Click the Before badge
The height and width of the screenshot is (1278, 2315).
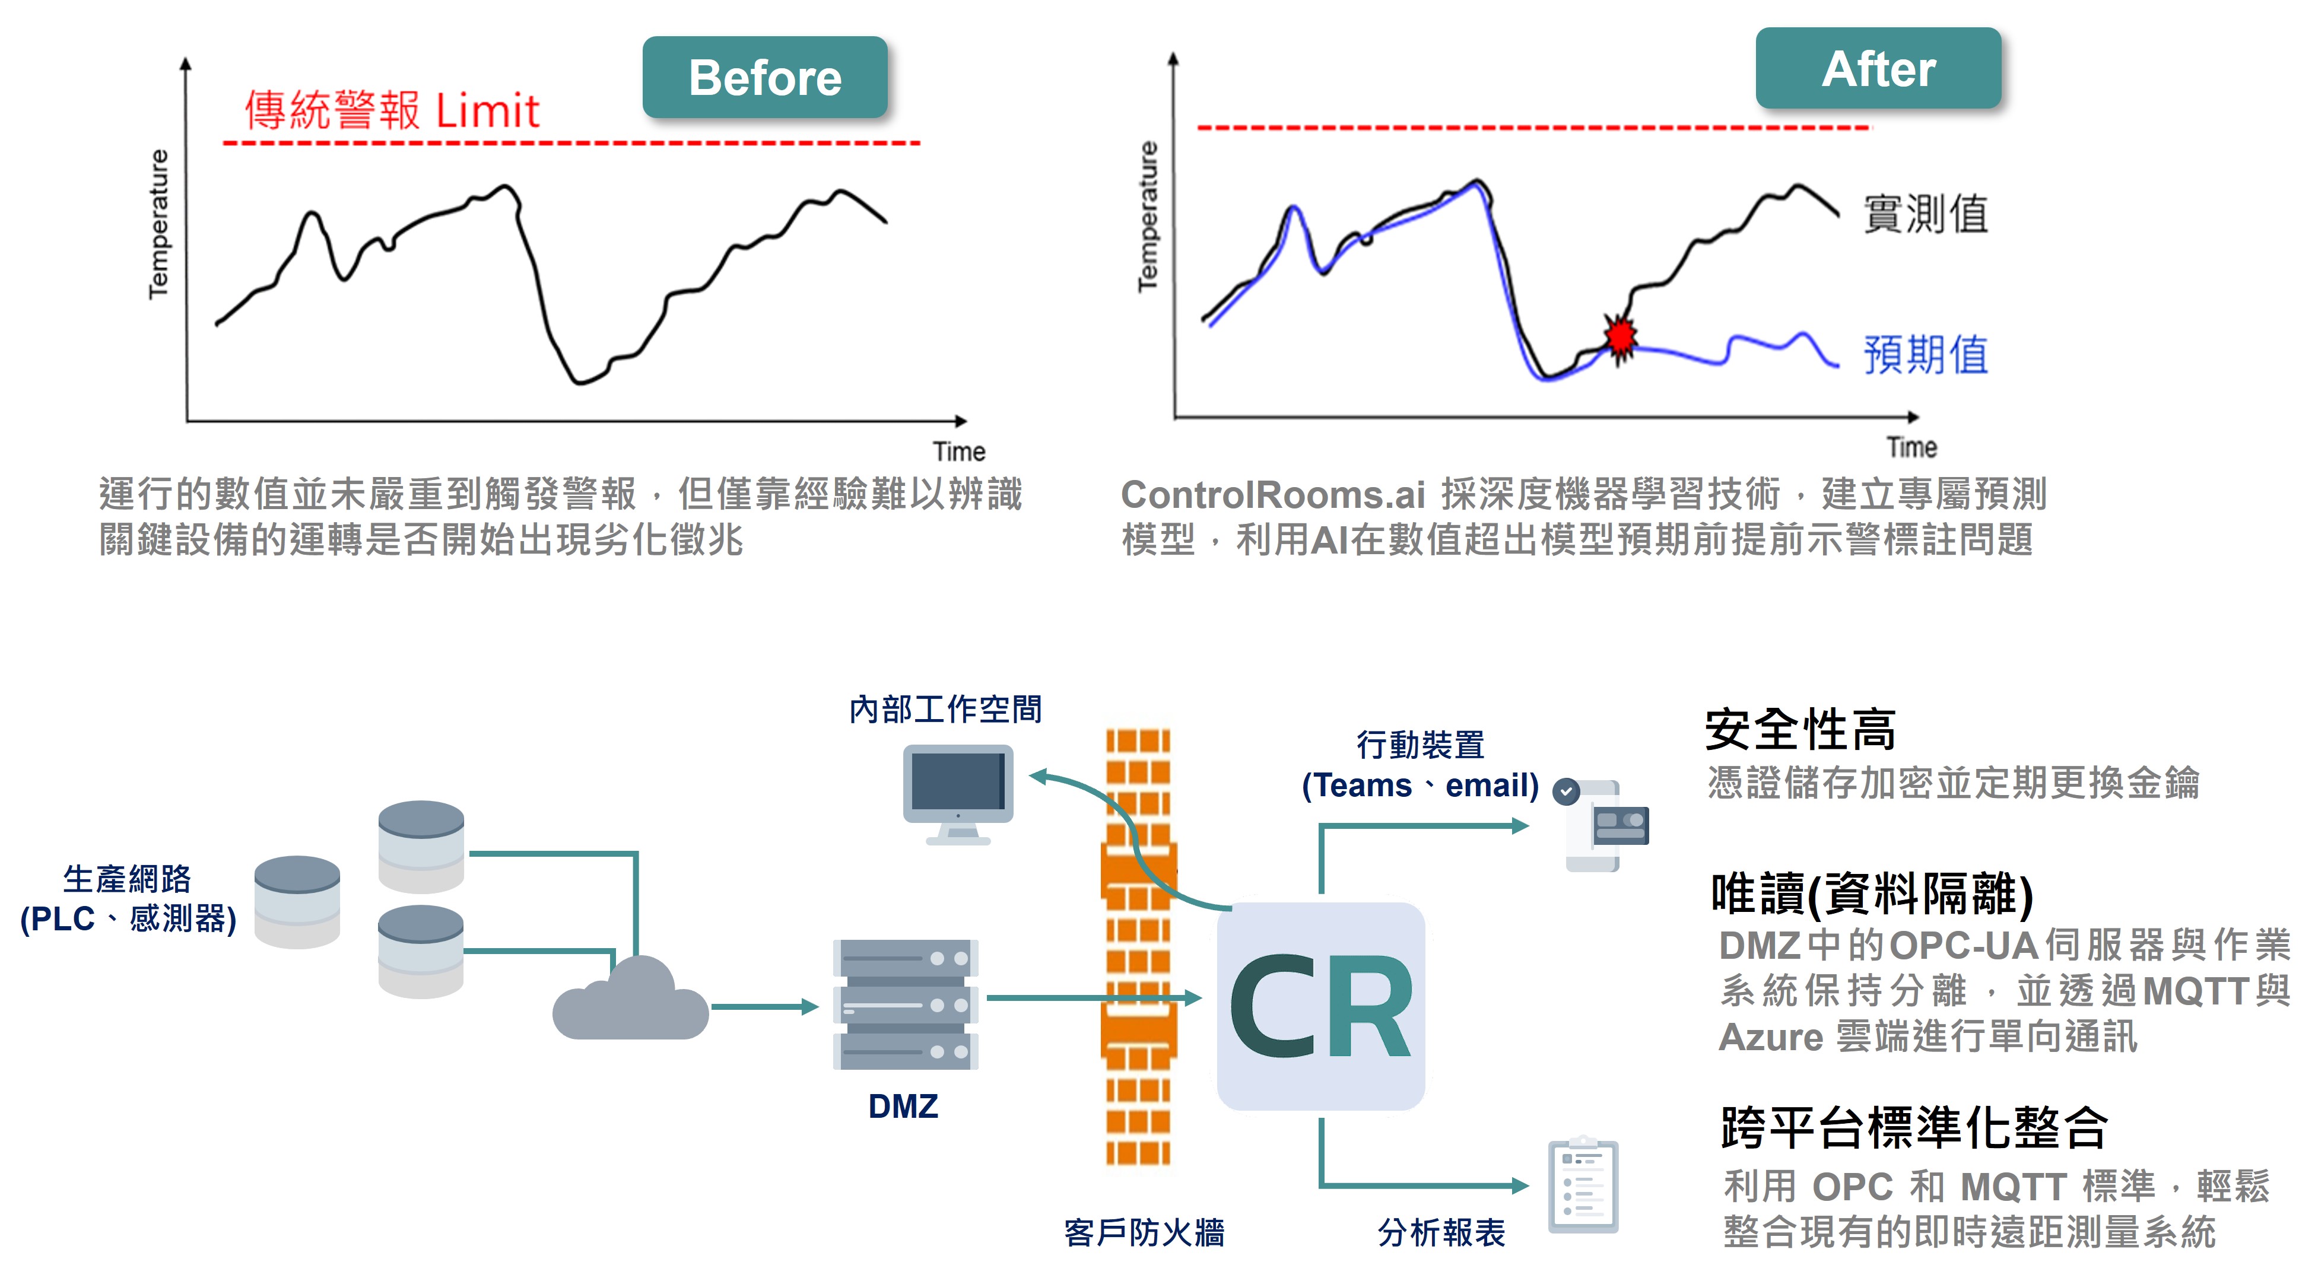click(x=765, y=78)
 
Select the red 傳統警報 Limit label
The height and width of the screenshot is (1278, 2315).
click(x=392, y=110)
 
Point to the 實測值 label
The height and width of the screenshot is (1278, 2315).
click(x=1925, y=214)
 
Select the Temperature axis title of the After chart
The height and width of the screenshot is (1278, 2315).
click(x=1148, y=217)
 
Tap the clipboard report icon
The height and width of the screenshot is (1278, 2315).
click(x=1583, y=1185)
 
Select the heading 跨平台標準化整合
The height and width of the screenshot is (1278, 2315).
click(x=1913, y=1127)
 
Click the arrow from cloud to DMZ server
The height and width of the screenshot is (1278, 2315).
click(x=764, y=1007)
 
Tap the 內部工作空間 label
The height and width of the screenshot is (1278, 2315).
click(x=945, y=709)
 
